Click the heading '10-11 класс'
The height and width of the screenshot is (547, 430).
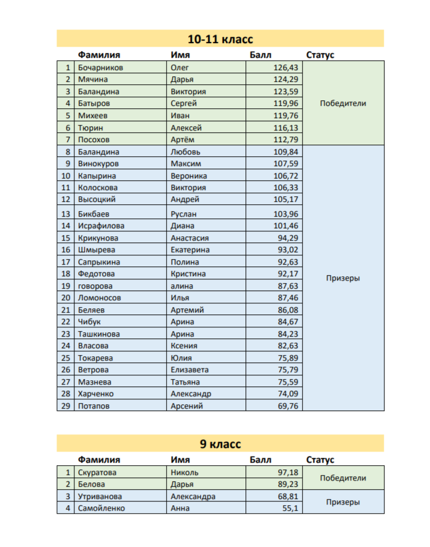click(220, 39)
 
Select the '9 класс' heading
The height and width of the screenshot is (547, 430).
click(220, 444)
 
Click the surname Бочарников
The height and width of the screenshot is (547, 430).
click(100, 68)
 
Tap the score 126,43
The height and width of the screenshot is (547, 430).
click(285, 68)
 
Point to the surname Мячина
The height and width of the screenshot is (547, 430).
click(93, 79)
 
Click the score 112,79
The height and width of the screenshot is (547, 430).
click(285, 140)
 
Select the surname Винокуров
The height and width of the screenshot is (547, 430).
click(98, 164)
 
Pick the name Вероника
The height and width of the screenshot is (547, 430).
click(188, 175)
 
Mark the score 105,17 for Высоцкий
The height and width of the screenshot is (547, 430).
click(285, 199)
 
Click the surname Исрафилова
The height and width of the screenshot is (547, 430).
click(101, 226)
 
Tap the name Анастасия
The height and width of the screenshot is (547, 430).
click(189, 238)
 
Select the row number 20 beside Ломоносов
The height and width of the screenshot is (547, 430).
click(65, 298)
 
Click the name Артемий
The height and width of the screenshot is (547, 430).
click(187, 310)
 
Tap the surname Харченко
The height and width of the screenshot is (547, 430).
click(96, 394)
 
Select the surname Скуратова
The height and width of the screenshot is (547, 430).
click(97, 473)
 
